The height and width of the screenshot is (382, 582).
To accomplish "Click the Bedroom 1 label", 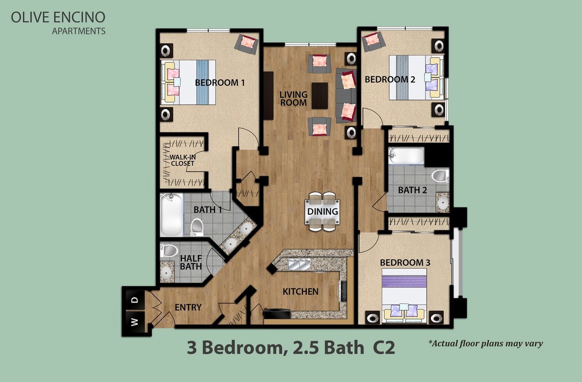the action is coord(220,83).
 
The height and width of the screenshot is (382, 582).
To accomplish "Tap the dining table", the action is coord(322,212).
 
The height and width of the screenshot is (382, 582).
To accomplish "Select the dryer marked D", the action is coord(135,300).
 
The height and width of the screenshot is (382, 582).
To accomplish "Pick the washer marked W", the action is coord(135,322).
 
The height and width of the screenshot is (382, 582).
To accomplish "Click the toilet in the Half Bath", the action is coord(169,250).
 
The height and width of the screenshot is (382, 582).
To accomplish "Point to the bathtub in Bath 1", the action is coord(171,215).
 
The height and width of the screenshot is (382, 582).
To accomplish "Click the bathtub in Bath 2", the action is coord(406,155).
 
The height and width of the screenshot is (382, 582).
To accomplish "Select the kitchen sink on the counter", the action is coord(299,265).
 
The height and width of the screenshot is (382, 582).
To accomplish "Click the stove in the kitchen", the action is coord(343,291).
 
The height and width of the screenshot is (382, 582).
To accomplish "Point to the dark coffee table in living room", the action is coord(319,96).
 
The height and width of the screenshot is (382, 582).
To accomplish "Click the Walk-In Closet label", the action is coord(182,160).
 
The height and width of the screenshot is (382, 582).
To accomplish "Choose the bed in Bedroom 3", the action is coord(404,296).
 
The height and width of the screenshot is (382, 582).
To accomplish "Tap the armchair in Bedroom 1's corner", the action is coord(246,44).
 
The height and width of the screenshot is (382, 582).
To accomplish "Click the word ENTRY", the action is coord(188,307).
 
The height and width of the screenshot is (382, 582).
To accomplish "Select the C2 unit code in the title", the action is coord(384,348).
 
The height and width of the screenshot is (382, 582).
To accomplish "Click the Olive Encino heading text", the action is coord(58,17).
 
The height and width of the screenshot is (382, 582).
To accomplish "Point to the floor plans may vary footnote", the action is coord(485,344).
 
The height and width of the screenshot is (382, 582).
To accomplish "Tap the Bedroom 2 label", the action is coord(390,79).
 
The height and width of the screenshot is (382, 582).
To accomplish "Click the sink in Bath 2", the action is coord(442,202).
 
